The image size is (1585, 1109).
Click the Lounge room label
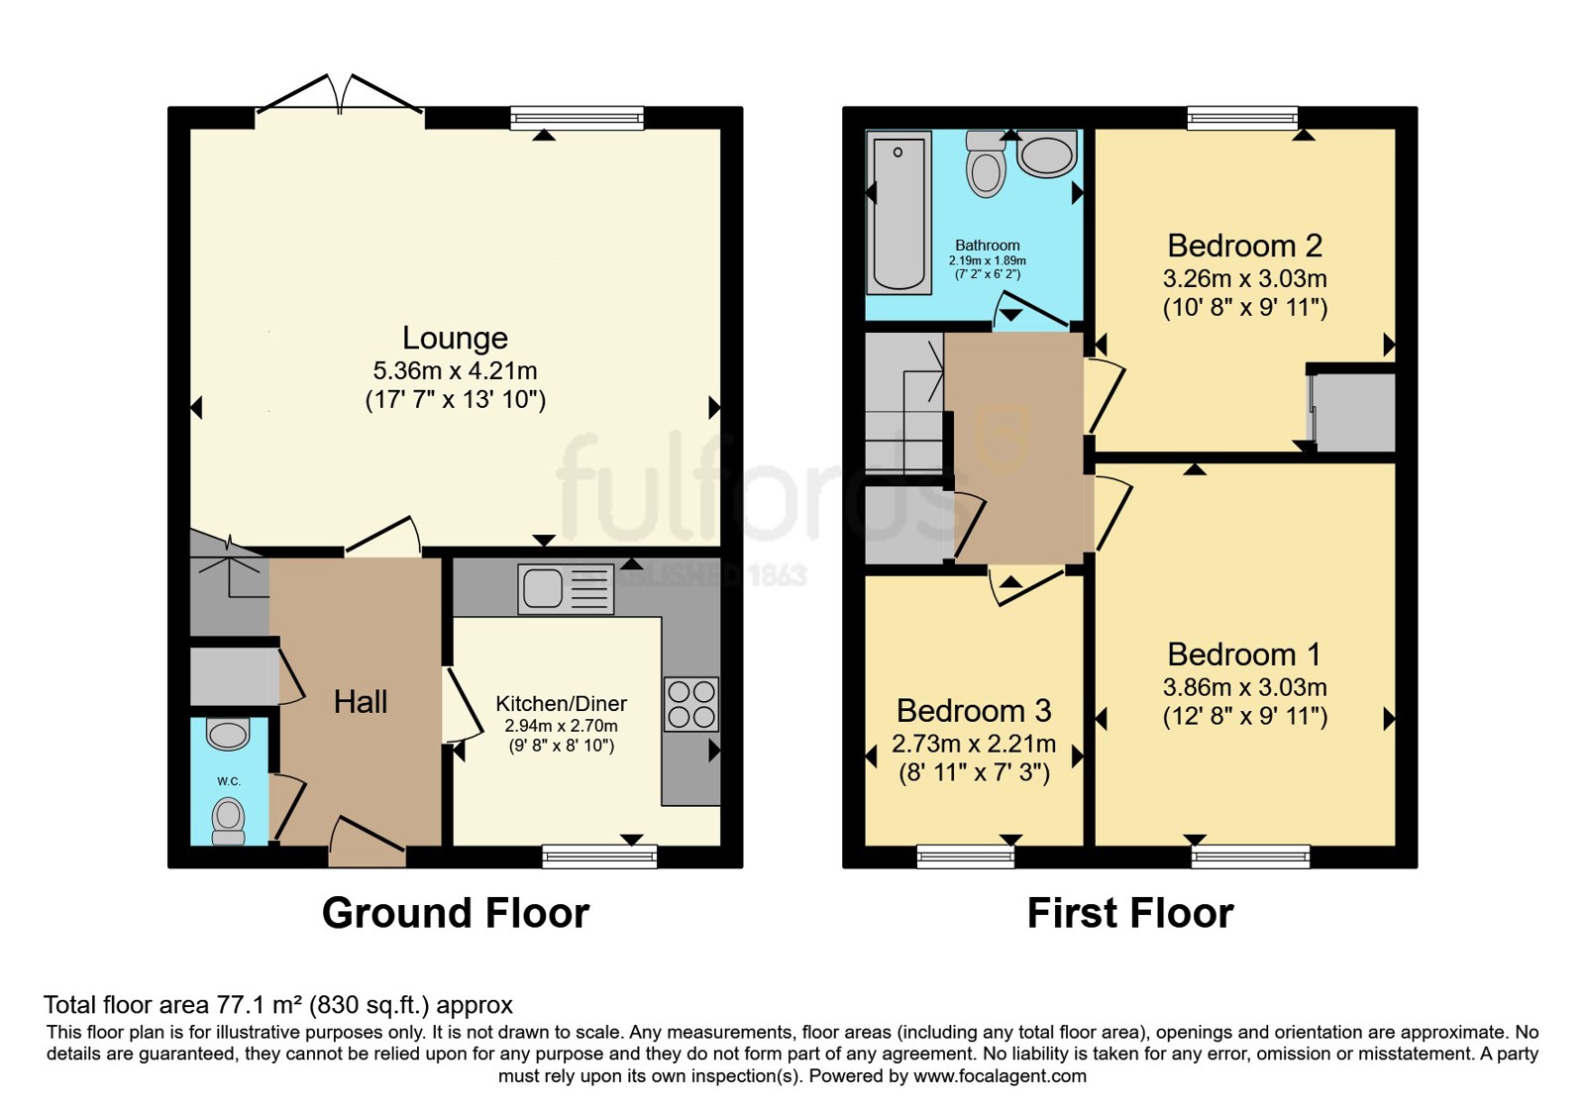tap(455, 338)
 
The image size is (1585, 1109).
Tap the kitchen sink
tap(566, 588)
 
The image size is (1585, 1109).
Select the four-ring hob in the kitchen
tap(691, 704)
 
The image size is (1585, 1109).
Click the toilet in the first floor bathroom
tap(986, 164)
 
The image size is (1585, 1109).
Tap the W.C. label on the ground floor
tap(229, 781)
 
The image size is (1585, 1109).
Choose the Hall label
tap(361, 702)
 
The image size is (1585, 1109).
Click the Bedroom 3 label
tap(974, 711)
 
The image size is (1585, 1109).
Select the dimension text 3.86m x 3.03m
tap(1244, 687)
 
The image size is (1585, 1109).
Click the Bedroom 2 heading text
tap(1244, 247)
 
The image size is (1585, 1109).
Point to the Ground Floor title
tap(456, 913)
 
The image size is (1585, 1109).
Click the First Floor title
tap(1130, 913)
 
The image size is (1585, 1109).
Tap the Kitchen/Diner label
tap(561, 704)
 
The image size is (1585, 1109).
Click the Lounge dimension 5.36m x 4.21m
tap(455, 370)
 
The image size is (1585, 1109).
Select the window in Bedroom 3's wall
tap(965, 857)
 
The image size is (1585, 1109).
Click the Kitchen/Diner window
tap(599, 857)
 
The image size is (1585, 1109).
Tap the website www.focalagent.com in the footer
tap(1000, 1076)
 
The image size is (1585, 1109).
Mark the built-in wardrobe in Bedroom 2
tap(1352, 412)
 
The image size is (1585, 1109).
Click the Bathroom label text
tap(987, 246)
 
